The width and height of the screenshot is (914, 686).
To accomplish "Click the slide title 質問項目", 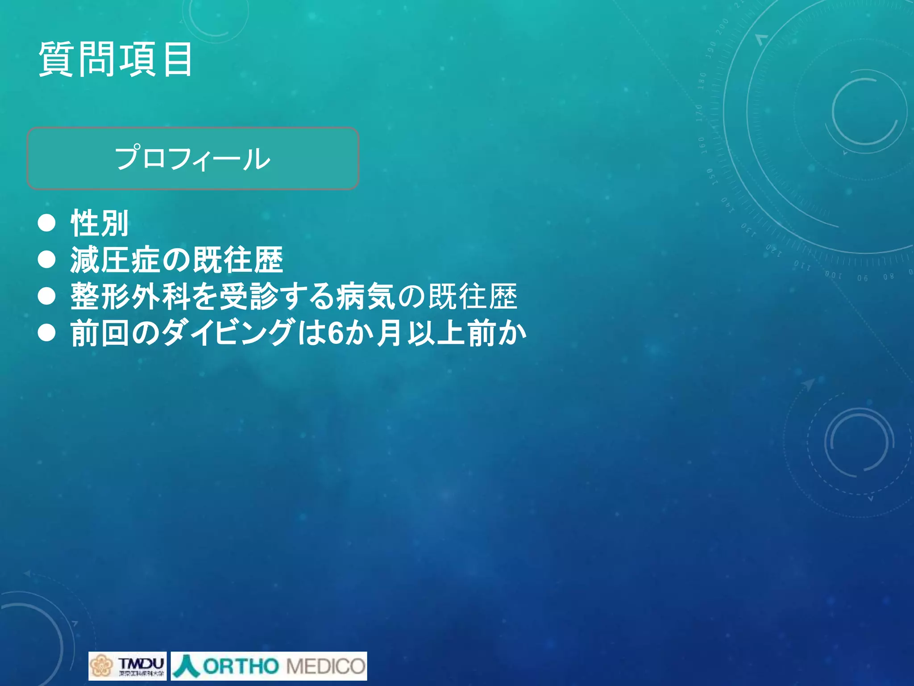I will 116,59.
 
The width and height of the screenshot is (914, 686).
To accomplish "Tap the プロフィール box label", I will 192,159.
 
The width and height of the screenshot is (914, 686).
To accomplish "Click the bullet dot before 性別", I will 47,223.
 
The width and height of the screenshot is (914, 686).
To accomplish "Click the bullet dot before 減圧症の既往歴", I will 47,259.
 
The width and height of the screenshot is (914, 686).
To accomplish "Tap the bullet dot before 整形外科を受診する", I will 47,296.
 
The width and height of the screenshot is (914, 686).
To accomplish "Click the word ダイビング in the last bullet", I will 228,333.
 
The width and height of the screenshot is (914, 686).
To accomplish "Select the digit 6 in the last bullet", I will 335,333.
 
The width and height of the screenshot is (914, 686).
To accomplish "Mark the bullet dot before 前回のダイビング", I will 47,333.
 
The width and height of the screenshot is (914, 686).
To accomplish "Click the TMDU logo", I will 128,666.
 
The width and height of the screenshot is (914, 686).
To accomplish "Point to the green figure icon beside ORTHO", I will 186,665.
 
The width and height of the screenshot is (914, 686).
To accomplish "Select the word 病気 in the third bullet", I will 366,297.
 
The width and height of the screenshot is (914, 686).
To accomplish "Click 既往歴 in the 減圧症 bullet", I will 238,260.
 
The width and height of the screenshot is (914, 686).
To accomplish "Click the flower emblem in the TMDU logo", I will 101,666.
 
